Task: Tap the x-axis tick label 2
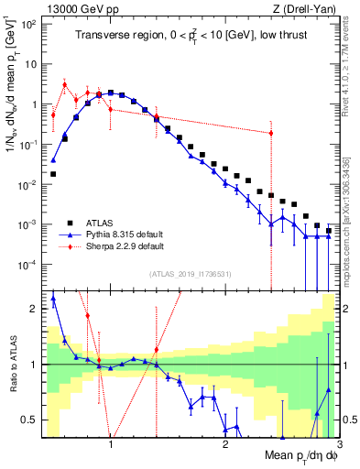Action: [225, 446]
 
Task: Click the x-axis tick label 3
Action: [338, 446]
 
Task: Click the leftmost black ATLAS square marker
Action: [53, 173]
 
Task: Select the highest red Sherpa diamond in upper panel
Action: [64, 84]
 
